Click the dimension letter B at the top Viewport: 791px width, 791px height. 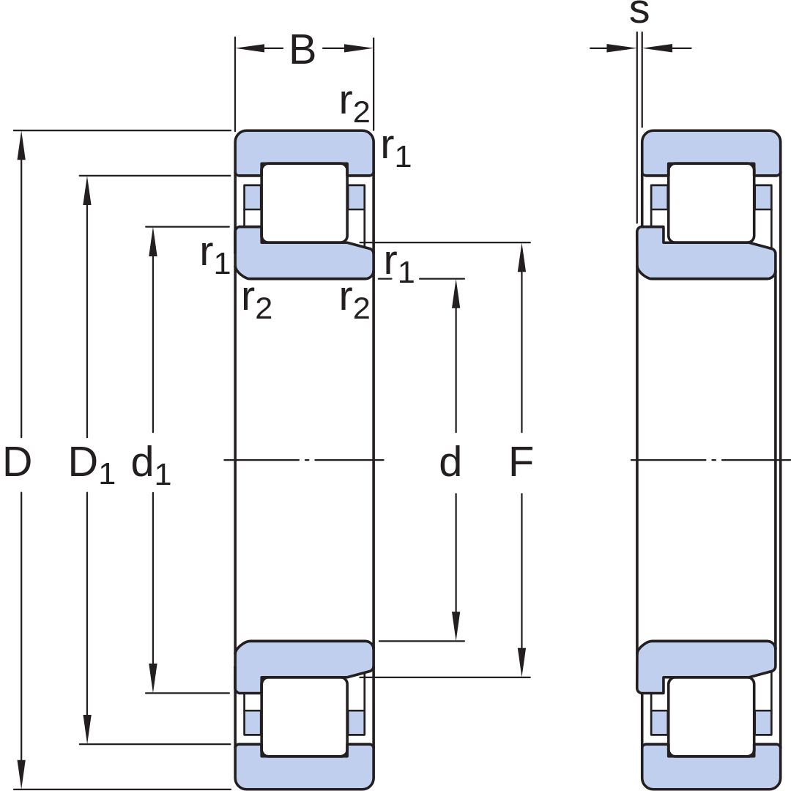[x=302, y=50]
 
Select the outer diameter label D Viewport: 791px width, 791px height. [x=17, y=461]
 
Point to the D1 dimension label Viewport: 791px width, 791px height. [x=92, y=464]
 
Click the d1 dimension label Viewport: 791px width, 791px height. [x=151, y=464]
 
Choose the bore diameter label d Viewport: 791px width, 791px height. [x=450, y=461]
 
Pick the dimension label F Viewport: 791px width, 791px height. [x=521, y=461]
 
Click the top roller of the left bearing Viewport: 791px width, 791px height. [x=304, y=203]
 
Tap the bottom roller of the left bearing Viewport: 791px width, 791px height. [x=304, y=717]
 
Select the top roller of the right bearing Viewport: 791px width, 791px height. [x=711, y=203]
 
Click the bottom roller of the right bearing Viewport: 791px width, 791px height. [x=711, y=717]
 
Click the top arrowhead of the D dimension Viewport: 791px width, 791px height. [x=21, y=146]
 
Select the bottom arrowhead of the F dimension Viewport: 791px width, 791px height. [x=521, y=661]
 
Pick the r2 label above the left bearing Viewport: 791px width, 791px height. [x=354, y=105]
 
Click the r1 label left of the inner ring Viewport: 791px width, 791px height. [x=215, y=256]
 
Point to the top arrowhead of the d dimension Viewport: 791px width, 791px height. [x=456, y=294]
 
